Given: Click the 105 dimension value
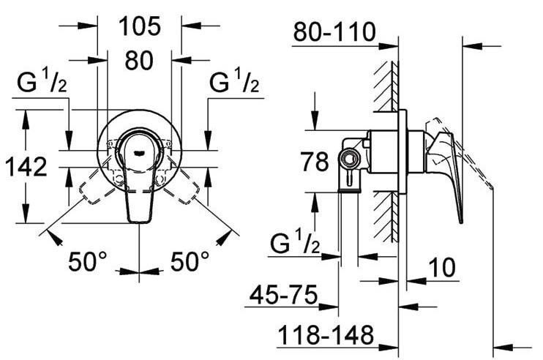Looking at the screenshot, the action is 140,26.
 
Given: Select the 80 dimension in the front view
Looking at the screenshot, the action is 139,60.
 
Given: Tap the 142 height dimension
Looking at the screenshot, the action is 26,167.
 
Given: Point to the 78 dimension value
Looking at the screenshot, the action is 315,162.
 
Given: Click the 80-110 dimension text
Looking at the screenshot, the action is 334,32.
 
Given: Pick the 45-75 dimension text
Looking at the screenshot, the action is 284,295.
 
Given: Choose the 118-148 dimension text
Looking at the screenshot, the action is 326,334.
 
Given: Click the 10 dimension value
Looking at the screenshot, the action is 442,268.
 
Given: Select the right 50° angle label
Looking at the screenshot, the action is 190,261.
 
